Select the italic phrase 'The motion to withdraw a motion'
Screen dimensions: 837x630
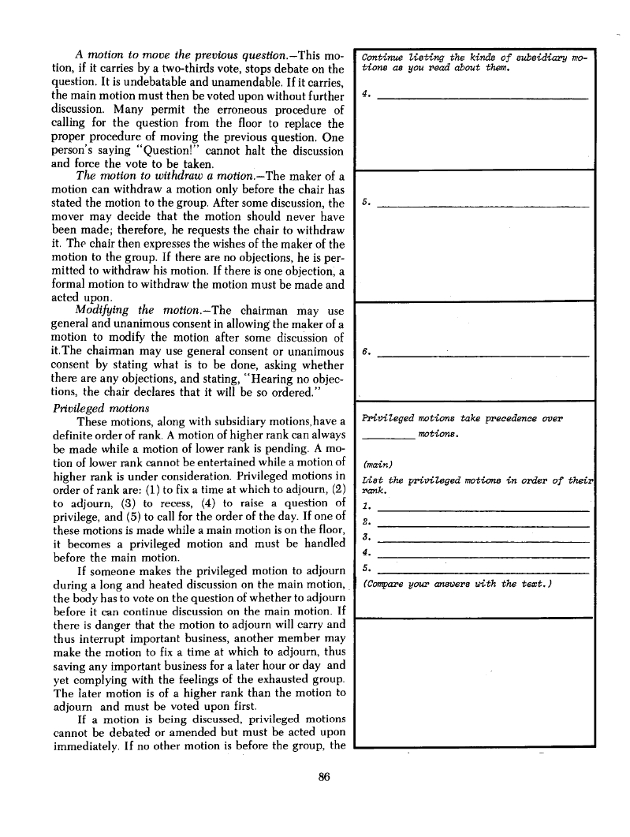[150, 177]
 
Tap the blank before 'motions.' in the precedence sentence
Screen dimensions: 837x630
[387, 435]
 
